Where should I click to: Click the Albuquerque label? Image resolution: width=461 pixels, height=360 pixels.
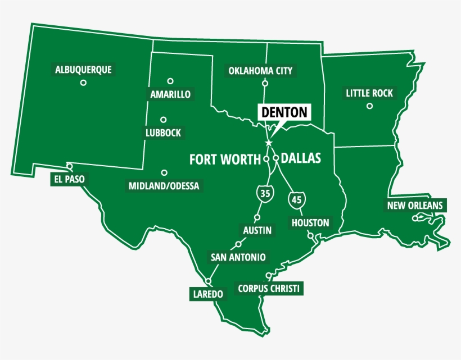point(83,70)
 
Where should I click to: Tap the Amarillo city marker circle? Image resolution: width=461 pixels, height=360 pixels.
point(170,81)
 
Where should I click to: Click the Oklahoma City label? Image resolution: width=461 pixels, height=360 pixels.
point(260,71)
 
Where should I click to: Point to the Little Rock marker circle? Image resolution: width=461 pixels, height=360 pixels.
point(369,106)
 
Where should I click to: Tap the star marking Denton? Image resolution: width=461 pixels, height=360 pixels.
point(268,143)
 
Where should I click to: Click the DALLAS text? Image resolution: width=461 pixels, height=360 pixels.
point(301,158)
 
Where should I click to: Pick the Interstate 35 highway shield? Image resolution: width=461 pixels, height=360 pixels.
point(265,193)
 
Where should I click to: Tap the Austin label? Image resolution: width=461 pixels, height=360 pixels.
point(257,230)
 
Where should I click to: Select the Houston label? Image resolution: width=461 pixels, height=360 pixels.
point(310,223)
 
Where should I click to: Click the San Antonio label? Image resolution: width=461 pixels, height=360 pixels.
point(238,257)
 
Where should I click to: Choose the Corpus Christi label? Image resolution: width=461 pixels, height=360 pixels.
point(269,289)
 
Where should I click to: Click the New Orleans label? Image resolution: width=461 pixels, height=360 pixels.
point(415,206)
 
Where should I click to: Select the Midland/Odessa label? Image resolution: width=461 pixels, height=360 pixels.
point(164,186)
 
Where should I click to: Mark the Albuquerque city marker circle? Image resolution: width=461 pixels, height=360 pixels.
point(83,83)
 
